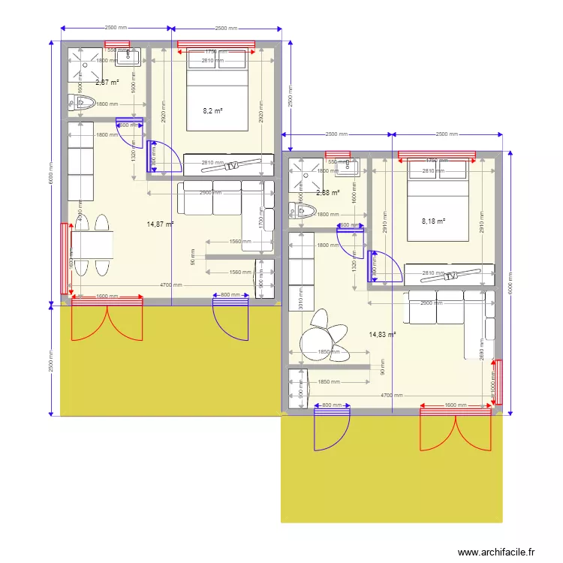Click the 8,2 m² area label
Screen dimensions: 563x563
pyautogui.click(x=213, y=111)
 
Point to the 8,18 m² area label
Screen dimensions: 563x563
pyautogui.click(x=433, y=221)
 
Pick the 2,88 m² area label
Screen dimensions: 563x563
pyautogui.click(x=328, y=193)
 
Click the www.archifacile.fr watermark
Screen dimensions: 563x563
pyautogui.click(x=497, y=552)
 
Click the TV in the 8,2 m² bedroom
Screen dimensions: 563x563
pyautogui.click(x=233, y=164)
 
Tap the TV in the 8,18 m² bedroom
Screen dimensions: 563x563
pyautogui.click(x=452, y=275)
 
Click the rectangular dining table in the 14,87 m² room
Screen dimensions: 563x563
pyautogui.click(x=92, y=245)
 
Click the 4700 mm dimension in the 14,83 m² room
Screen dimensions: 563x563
pyautogui.click(x=390, y=395)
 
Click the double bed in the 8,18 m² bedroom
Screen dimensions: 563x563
pyautogui.click(x=438, y=203)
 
